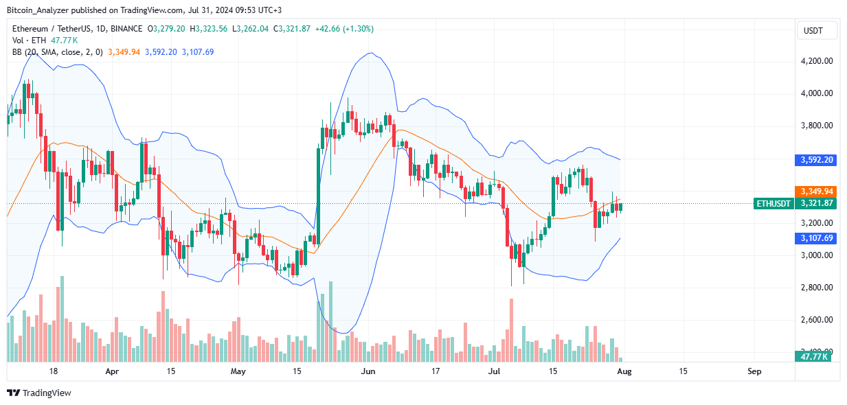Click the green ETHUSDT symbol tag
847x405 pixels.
(773, 204)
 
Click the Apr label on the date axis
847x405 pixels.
(113, 371)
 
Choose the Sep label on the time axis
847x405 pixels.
(754, 371)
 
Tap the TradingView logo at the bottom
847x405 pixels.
(39, 393)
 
